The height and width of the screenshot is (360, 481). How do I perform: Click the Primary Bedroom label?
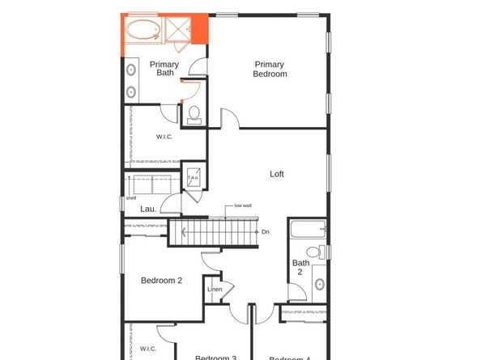pos(270,69)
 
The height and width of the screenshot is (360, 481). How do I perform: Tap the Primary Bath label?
pos(164,69)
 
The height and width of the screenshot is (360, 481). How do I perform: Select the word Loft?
pos(277,174)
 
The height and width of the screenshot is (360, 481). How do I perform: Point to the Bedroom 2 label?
pos(161,281)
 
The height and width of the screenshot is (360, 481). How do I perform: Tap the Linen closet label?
pos(215,290)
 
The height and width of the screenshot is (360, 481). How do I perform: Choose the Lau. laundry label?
pos(148,209)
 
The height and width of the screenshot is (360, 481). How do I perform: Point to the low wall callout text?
pos(243,205)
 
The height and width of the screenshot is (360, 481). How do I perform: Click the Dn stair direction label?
pos(266,232)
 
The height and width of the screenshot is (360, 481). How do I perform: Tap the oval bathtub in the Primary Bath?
pos(143,30)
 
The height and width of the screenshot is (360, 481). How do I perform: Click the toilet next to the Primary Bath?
pos(194,115)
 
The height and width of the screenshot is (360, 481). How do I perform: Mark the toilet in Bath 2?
pos(321,252)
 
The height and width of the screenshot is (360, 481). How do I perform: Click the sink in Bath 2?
pos(319,284)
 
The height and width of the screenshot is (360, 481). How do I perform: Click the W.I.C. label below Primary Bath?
pos(164,137)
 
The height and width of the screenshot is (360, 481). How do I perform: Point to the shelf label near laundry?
pos(130,197)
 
